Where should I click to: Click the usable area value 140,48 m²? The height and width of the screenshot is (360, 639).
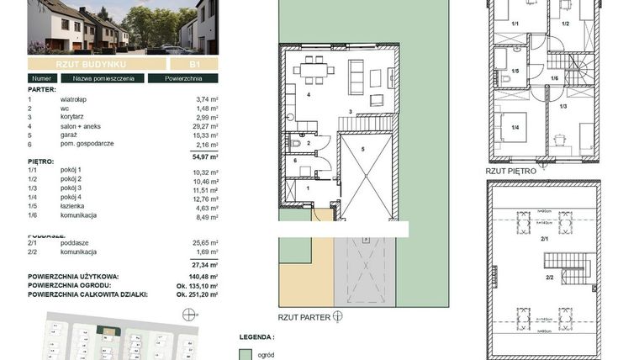pyautogui.click(x=206, y=275)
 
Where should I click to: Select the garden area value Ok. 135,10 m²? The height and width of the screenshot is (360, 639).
pyautogui.click(x=201, y=285)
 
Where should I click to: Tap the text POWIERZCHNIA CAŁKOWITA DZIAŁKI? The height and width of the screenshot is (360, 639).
pyautogui.click(x=88, y=294)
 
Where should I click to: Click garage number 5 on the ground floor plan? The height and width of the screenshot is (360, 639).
pyautogui.click(x=363, y=148)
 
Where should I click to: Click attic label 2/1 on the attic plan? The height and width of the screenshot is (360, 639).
pyautogui.click(x=544, y=241)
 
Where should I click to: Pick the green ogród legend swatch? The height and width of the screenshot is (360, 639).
pyautogui.click(x=245, y=355)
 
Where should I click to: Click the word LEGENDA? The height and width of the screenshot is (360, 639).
pyautogui.click(x=256, y=336)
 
